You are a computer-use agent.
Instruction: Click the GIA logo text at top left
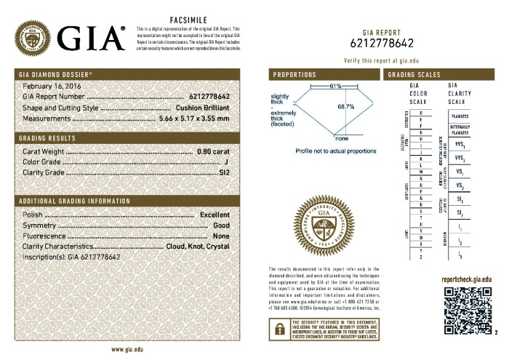[x=89, y=37]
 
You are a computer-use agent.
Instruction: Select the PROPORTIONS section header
[x=294, y=75]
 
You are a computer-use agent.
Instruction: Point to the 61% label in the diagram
[x=334, y=87]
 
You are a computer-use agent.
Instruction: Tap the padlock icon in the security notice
[x=278, y=328]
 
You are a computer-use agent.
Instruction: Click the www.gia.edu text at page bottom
[x=126, y=349]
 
